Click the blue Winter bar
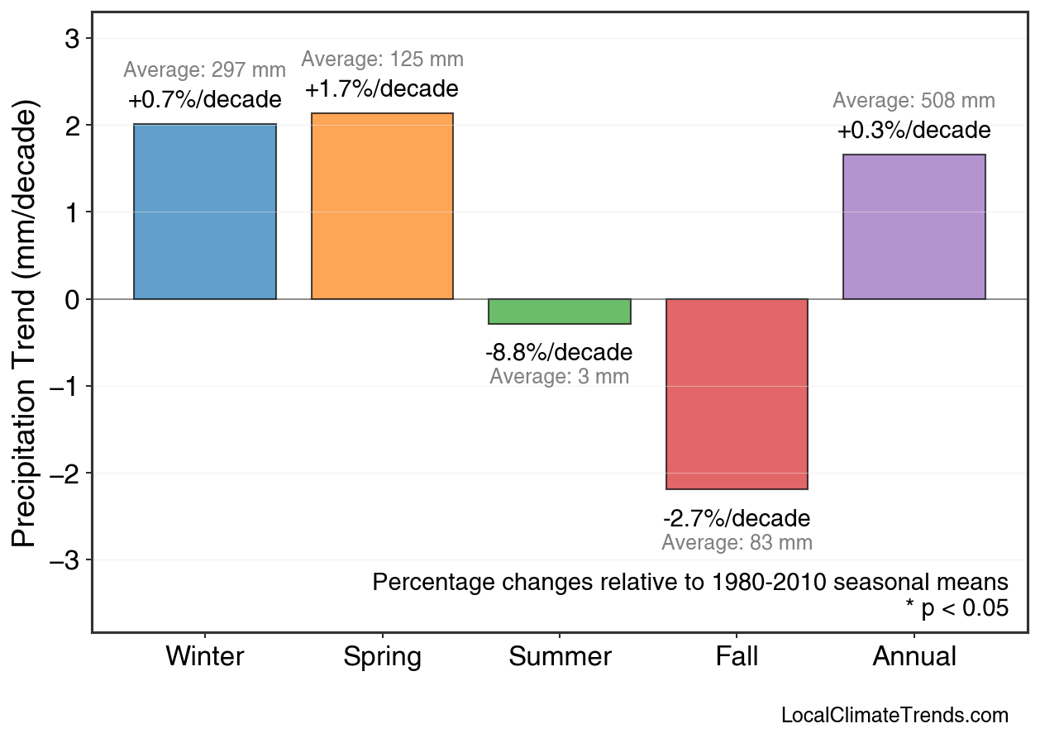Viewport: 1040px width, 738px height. point(205,212)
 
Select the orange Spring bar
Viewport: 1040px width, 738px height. point(382,206)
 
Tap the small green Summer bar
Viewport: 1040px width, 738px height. point(560,312)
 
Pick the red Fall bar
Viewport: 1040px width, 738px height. point(737,394)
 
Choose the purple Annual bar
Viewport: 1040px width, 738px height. point(914,226)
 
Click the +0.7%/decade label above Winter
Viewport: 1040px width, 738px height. point(205,100)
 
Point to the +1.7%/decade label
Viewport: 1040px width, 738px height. point(382,88)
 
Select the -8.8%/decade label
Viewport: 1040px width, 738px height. point(559,353)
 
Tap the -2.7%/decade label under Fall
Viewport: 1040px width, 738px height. point(737,519)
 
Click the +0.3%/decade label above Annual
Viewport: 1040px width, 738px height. point(914,131)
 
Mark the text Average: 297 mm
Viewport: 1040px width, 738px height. point(205,71)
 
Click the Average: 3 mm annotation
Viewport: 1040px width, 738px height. point(559,378)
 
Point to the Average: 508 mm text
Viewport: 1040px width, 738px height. point(914,101)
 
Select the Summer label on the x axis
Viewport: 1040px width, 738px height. point(560,657)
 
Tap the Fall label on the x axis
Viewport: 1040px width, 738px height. point(737,657)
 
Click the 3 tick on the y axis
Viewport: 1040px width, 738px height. point(72,39)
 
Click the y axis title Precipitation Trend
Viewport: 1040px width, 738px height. point(26,324)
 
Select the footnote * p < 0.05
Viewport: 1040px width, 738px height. point(957,608)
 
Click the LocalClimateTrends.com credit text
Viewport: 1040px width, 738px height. point(894,716)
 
